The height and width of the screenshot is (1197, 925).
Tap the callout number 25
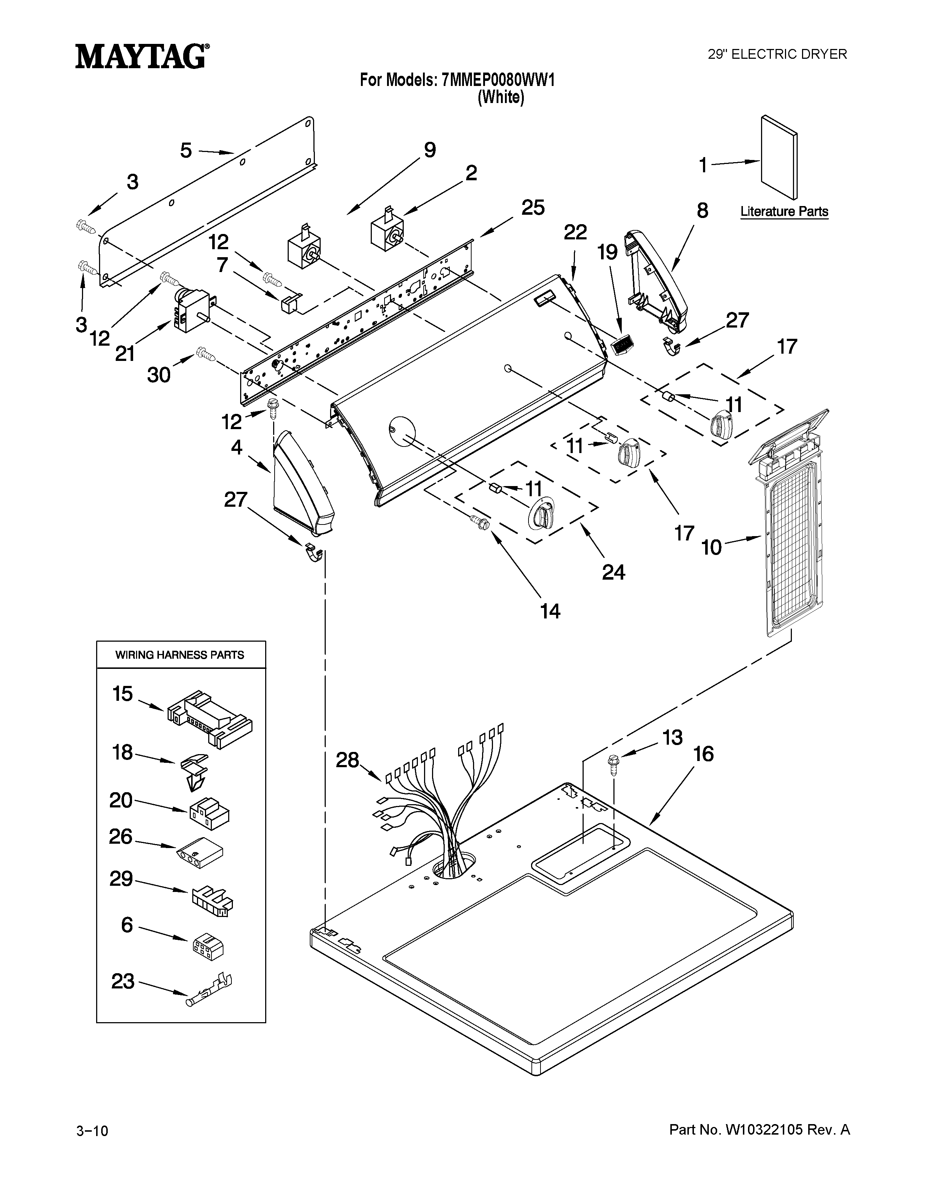click(x=533, y=208)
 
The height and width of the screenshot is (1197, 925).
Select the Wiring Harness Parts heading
click(x=180, y=655)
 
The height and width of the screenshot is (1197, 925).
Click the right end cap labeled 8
click(x=658, y=280)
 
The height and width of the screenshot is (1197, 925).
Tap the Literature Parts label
click(x=784, y=211)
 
